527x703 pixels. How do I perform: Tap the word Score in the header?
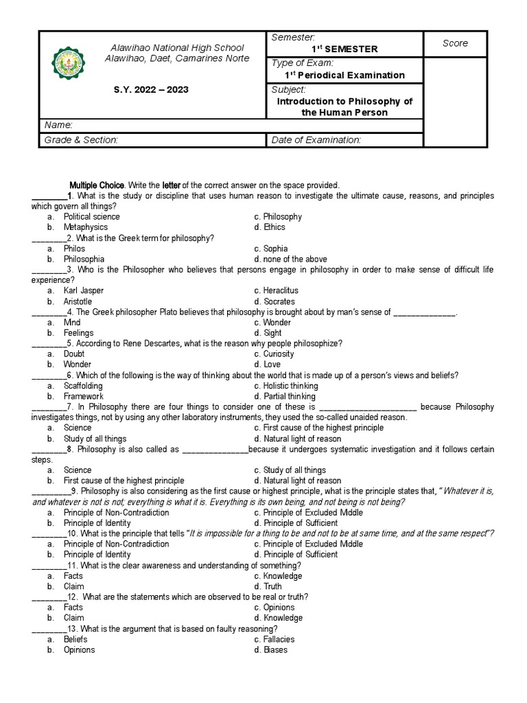[x=455, y=43]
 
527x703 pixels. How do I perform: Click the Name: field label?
[x=58, y=124]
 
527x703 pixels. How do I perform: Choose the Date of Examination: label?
[x=316, y=140]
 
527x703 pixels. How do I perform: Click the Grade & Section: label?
[x=81, y=140]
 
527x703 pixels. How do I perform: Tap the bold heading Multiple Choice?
[x=97, y=185]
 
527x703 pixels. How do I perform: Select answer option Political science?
[x=92, y=217]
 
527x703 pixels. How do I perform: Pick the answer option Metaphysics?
[x=86, y=227]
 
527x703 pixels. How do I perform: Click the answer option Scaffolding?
[x=84, y=386]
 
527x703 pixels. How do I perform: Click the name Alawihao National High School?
[x=177, y=48]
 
